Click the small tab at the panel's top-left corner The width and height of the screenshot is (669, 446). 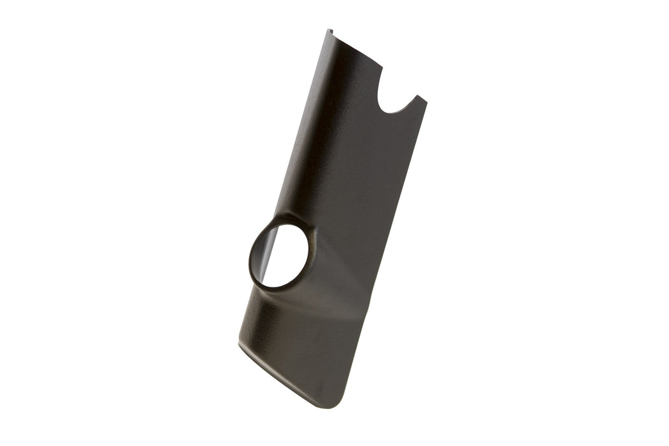(x=330, y=32)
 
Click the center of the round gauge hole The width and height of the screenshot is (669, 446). (x=280, y=255)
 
